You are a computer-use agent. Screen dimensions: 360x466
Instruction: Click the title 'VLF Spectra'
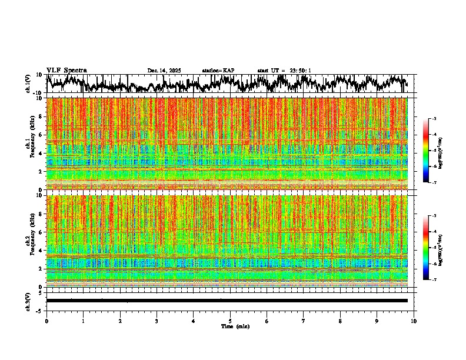click(x=66, y=70)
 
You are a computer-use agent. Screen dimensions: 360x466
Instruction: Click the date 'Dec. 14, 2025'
click(x=164, y=71)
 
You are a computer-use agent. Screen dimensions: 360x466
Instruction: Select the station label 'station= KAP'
click(x=218, y=71)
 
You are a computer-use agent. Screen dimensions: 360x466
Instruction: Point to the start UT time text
click(x=284, y=71)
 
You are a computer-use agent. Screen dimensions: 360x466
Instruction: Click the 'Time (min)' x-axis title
click(x=235, y=326)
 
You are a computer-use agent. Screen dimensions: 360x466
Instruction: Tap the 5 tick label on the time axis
click(x=230, y=321)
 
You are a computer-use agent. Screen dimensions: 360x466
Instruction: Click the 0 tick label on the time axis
click(x=46, y=321)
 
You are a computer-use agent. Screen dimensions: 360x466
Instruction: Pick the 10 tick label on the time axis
click(x=414, y=321)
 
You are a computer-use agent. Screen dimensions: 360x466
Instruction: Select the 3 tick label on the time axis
click(x=157, y=321)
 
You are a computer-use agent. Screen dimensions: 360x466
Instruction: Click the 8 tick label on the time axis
click(x=340, y=321)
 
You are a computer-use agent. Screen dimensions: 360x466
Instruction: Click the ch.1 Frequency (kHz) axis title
click(x=29, y=144)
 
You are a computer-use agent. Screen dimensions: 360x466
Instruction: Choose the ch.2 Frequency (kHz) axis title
click(x=29, y=241)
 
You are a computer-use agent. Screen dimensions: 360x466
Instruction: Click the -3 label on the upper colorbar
click(x=434, y=119)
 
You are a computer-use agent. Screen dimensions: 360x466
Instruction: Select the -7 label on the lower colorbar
click(x=434, y=280)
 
